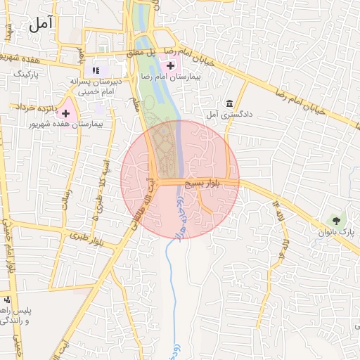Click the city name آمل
[41, 25]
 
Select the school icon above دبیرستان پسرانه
[96, 70]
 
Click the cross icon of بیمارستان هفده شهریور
[66, 113]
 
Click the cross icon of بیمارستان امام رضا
[169, 65]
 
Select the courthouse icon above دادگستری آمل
[229, 103]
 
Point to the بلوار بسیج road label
[202, 183]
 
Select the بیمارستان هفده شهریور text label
[67, 124]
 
